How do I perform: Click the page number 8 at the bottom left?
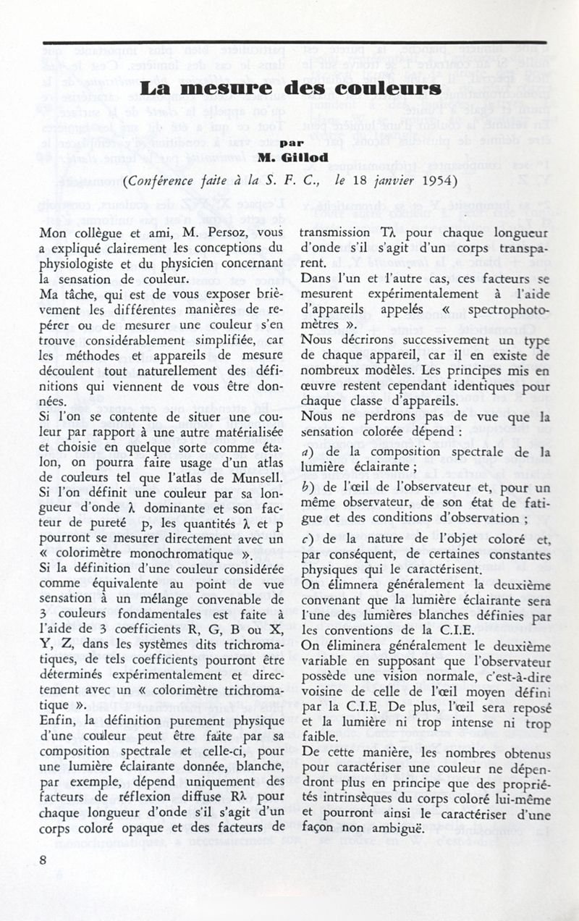click(x=44, y=859)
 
